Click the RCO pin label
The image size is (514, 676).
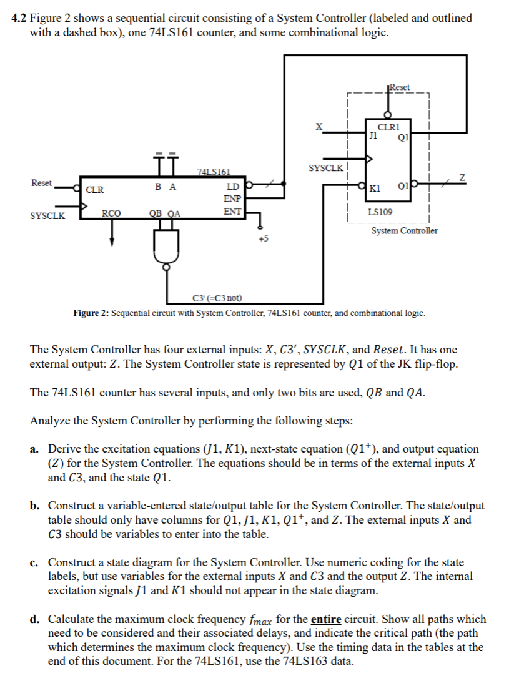[x=112, y=213]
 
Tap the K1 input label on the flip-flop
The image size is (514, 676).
[x=375, y=188]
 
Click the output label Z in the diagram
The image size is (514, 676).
[x=462, y=178]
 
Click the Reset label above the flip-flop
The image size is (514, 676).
[x=399, y=87]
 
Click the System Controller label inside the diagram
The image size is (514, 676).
[x=404, y=231]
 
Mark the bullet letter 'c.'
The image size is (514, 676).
[x=36, y=562]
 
